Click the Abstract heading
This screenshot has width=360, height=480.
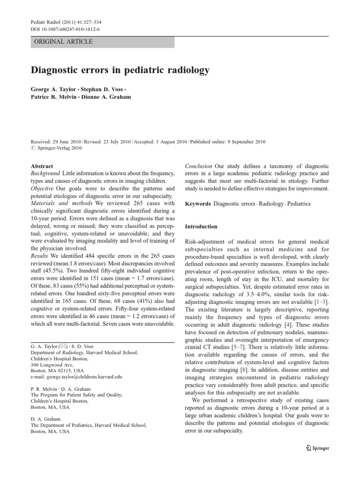[x=42, y=166]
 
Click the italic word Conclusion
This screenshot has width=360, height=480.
[x=199, y=166]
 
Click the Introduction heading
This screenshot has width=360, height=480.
[x=201, y=226]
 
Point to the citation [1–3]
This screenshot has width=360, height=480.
[x=321, y=300]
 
